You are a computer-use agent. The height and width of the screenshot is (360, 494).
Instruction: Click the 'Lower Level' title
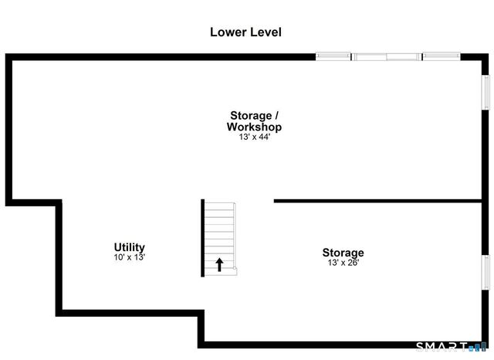pos(245,32)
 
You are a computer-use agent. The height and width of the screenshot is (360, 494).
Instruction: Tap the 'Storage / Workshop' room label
pos(253,121)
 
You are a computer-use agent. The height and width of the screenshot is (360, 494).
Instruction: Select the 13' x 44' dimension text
pos(253,138)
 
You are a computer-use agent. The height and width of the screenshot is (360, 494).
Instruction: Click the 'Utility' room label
pos(130,247)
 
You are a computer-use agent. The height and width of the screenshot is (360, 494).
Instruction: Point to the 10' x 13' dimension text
pos(130,257)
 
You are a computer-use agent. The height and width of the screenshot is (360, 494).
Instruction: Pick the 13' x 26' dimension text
pos(343,263)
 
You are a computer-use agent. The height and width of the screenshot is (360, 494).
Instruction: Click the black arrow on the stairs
pos(219,265)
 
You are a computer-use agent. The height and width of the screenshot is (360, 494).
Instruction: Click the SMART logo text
pos(442,346)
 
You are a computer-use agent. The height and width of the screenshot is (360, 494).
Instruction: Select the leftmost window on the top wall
pos(334,56)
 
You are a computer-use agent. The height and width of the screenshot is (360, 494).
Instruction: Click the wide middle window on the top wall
pos(387,56)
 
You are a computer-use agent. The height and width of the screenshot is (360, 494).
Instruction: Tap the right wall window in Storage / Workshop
pos(486,92)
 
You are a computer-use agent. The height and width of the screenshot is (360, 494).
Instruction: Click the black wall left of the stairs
pos(203,238)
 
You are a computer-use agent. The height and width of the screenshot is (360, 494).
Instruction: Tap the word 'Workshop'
pos(253,127)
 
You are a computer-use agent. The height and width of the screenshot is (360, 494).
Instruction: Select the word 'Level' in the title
pos(265,32)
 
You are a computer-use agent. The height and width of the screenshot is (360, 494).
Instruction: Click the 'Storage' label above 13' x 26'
pos(343,253)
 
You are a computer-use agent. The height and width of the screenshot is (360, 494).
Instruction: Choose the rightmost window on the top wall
pos(441,56)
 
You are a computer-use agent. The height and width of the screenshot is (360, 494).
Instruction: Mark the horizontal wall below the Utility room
pos(131,312)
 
